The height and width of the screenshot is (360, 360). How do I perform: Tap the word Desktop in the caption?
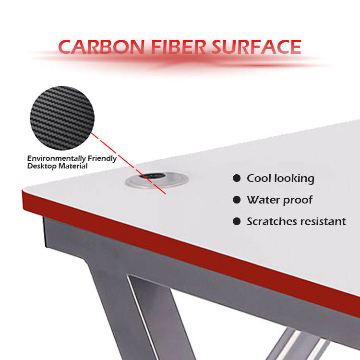(40, 166)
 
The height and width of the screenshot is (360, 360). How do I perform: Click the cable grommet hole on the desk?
(156, 180)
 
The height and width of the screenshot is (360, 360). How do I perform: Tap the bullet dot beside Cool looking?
(237, 179)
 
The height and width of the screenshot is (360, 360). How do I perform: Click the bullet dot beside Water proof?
(237, 200)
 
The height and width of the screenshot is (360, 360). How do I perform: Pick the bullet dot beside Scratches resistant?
(237, 221)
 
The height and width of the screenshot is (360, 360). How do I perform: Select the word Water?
(263, 200)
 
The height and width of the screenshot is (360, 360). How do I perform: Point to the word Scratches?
(271, 221)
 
